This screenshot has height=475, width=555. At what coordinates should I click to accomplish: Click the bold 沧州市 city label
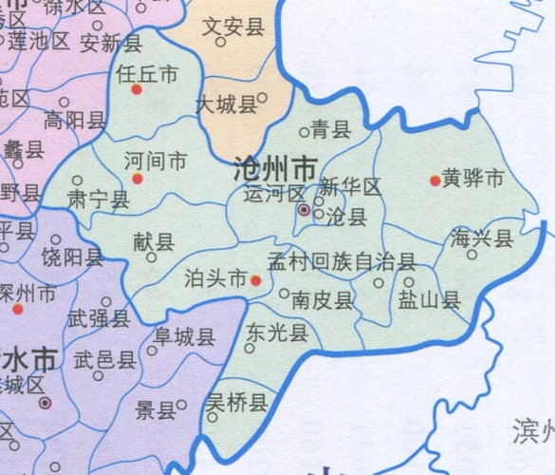[276, 170]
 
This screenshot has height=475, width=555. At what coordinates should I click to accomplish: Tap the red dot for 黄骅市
[435, 180]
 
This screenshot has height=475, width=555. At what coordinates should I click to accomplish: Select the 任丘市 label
[146, 72]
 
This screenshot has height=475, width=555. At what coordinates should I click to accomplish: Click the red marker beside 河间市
[138, 179]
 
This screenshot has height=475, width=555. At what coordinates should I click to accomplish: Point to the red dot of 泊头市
[255, 279]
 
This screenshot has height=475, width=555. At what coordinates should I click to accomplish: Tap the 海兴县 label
[483, 238]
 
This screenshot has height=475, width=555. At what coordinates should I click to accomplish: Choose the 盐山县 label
[429, 300]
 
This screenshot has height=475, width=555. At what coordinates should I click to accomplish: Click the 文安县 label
[233, 28]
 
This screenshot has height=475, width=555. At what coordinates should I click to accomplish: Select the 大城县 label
[227, 104]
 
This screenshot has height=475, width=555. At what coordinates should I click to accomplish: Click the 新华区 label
[350, 186]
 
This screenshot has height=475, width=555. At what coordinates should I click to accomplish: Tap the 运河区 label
[274, 195]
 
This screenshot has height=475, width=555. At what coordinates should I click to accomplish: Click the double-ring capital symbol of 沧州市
[304, 209]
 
